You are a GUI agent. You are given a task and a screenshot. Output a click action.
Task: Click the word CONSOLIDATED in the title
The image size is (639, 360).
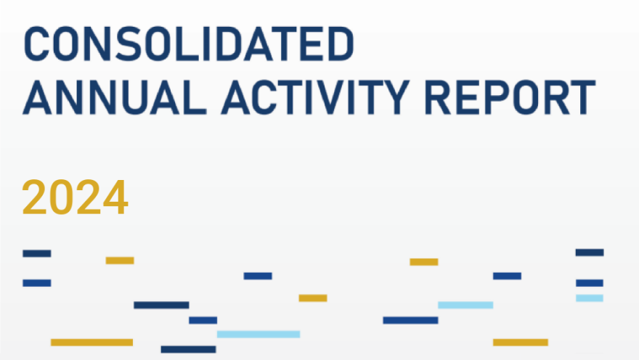tap(189, 44)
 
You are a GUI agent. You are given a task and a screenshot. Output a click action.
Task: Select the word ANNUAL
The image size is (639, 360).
tap(115, 97)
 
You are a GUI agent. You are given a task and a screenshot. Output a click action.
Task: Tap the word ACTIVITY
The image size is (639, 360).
tap(315, 97)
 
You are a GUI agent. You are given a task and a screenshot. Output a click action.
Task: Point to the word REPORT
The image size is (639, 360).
tap(510, 97)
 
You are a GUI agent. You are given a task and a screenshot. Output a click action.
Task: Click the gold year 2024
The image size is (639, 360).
tap(75, 197)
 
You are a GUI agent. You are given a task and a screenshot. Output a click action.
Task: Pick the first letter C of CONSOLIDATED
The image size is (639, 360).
tap(36, 44)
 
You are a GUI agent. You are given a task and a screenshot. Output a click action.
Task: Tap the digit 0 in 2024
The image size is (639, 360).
tap(62, 197)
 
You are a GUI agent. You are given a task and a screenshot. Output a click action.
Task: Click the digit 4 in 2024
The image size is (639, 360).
tap(115, 197)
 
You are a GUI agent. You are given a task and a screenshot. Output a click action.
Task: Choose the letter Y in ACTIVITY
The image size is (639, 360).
tap(394, 97)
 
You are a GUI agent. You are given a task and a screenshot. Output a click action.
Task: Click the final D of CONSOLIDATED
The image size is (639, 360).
tap(341, 44)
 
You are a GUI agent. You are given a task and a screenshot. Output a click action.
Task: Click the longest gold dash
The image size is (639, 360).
tap(91, 343)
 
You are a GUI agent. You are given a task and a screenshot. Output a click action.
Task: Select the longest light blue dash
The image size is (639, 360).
tap(259, 335)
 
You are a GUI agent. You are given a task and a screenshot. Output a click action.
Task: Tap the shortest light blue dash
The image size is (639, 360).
tap(590, 298)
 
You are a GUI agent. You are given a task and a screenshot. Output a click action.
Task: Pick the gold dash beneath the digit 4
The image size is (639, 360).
tap(120, 261)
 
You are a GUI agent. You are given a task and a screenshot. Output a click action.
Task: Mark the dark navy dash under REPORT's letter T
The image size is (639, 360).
tap(590, 253)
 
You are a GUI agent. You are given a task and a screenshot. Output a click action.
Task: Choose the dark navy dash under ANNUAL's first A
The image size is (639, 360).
tap(37, 254)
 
